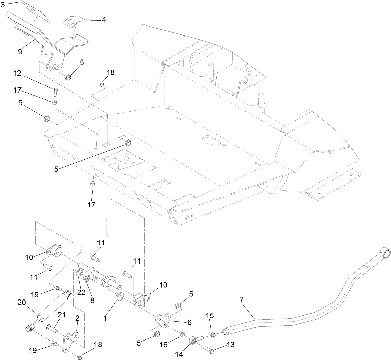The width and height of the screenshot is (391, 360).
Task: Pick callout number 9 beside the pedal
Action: [21, 52]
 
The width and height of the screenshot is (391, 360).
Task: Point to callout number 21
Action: [61, 315]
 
